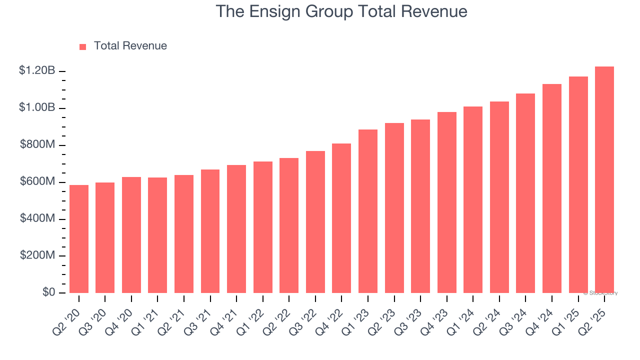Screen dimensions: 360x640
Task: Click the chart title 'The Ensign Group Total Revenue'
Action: [341, 11]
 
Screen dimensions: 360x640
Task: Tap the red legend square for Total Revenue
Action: [82, 46]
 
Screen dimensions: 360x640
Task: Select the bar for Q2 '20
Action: [79, 239]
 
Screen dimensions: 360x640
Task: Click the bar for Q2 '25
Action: [604, 180]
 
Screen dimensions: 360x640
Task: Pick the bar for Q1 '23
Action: [368, 211]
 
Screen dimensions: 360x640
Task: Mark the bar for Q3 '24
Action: [525, 193]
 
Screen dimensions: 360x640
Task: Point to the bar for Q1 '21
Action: [157, 235]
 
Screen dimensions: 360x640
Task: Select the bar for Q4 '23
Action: [447, 202]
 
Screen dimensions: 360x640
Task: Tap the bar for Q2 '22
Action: [289, 225]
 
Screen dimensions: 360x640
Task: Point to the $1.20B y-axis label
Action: [37, 71]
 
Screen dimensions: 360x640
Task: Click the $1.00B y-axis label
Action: [37, 108]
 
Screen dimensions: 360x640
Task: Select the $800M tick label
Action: [37, 145]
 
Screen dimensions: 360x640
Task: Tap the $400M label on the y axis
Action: [37, 219]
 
